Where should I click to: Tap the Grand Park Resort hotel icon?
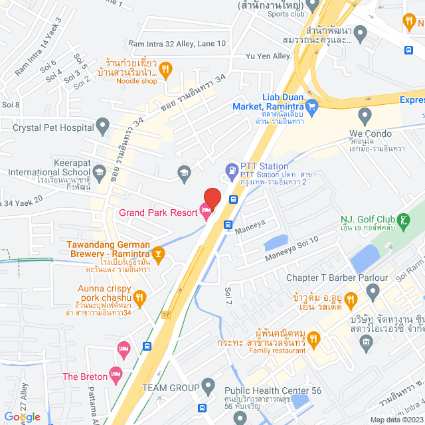[x=206, y=212]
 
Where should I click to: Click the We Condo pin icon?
[x=364, y=116]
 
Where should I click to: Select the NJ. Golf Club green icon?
[x=403, y=219]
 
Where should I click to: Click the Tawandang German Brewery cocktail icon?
[x=158, y=252]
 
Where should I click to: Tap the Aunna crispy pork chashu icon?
[x=139, y=296]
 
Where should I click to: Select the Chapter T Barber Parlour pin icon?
[x=373, y=290]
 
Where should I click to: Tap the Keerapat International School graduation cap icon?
[x=99, y=173]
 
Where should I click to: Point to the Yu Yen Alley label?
[x=268, y=56]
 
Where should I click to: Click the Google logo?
[x=22, y=417]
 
